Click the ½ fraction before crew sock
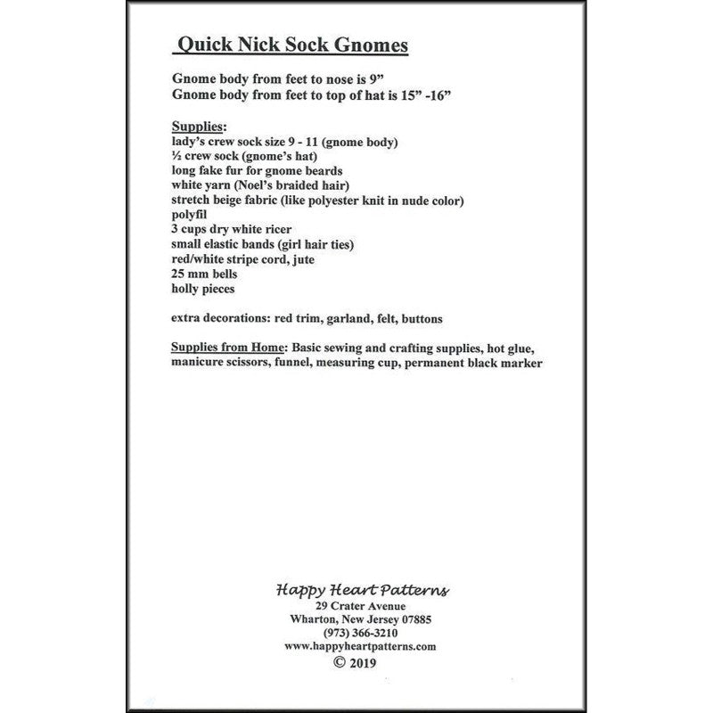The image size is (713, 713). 175,157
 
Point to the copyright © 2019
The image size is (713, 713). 355,662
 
